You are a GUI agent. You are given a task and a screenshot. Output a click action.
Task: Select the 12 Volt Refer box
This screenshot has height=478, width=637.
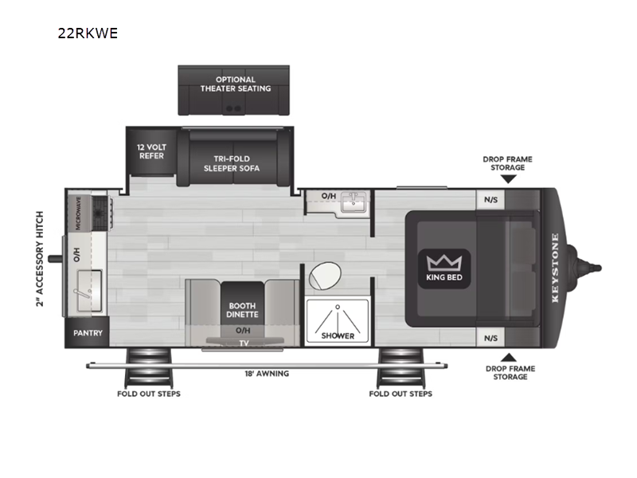tap(150, 151)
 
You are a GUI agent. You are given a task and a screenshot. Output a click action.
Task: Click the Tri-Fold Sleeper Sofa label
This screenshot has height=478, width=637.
tap(226, 163)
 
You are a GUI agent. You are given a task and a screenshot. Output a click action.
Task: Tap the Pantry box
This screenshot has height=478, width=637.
tap(88, 333)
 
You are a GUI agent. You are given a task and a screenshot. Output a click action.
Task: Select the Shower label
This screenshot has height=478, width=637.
tap(338, 335)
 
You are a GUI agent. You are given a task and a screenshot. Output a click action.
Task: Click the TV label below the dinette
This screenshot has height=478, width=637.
tap(244, 343)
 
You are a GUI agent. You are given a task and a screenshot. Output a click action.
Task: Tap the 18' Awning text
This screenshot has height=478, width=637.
tap(267, 373)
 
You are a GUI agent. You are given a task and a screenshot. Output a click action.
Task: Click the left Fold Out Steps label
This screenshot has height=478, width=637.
tap(149, 394)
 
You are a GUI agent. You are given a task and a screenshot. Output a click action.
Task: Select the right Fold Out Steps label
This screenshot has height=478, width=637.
tap(401, 394)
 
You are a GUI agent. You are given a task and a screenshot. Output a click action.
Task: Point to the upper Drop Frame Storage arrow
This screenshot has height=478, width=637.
tap(508, 179)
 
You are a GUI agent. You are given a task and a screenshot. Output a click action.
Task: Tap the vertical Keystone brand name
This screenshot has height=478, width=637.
tap(555, 268)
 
